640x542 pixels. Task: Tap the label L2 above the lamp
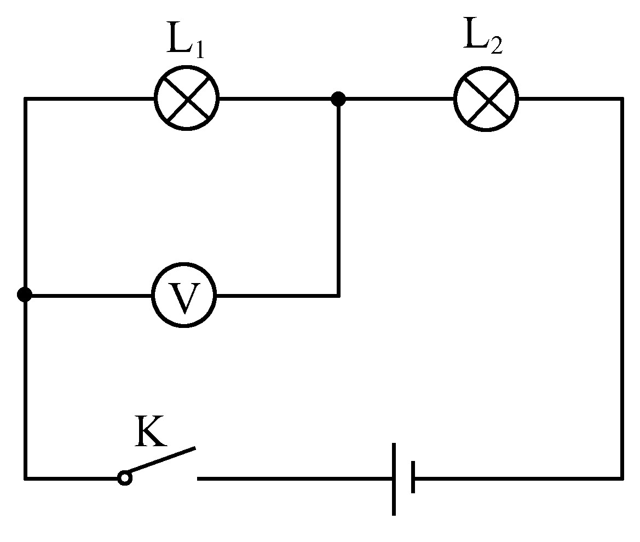click(x=483, y=36)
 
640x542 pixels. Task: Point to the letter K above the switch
click(x=151, y=431)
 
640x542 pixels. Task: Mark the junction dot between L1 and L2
click(x=338, y=99)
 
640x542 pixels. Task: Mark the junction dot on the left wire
click(x=25, y=294)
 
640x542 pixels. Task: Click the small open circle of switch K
click(x=125, y=477)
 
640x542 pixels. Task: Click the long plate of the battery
click(x=394, y=479)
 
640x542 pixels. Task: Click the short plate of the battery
click(x=413, y=477)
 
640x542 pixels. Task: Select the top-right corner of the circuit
click(x=622, y=99)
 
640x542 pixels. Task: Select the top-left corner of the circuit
click(x=26, y=99)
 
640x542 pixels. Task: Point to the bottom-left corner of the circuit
click(x=26, y=478)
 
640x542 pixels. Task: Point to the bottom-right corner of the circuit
click(x=622, y=478)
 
